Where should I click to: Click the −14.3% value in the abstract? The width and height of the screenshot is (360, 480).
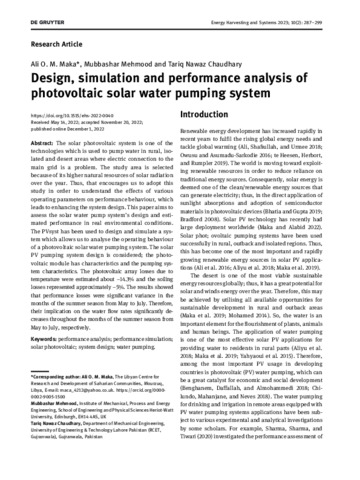click(133, 276)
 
